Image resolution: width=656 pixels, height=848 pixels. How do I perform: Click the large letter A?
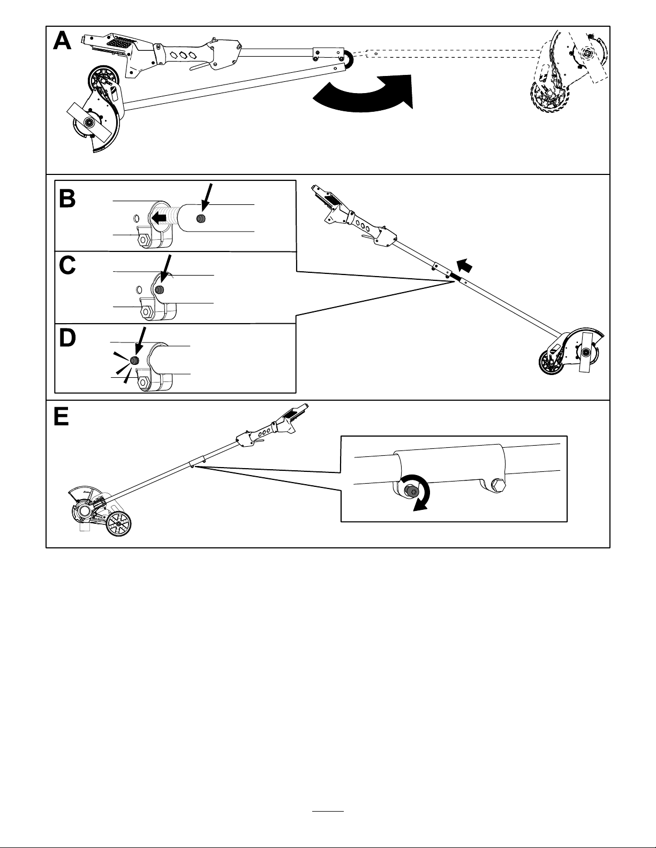pos(62,41)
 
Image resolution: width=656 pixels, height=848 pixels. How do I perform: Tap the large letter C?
pos(67,266)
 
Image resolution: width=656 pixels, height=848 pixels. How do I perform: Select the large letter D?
pos(67,338)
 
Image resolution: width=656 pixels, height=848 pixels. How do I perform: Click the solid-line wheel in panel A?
pos(103,79)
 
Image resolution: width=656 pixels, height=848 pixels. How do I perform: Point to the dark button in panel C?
pos(160,290)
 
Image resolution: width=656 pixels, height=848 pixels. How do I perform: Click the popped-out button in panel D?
pos(135,361)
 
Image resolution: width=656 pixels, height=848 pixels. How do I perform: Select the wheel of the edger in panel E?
pos(119,524)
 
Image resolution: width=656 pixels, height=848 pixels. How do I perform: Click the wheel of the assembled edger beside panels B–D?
pos(551,363)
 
